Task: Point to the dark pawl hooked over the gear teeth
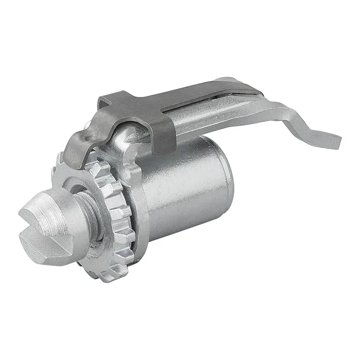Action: point(76,148)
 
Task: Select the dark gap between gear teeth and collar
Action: point(131,225)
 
